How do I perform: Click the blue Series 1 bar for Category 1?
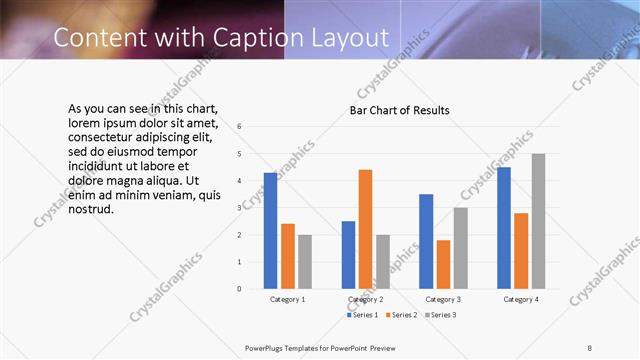[270, 231]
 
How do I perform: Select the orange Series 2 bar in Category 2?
[365, 229]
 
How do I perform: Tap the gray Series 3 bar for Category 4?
[538, 221]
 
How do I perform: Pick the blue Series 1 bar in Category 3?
[426, 241]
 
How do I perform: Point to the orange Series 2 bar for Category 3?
[443, 264]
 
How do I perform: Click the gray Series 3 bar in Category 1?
[304, 261]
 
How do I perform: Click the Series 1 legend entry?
[360, 315]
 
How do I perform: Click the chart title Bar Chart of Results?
[399, 110]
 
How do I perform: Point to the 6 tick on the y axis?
[239, 127]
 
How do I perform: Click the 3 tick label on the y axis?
[239, 208]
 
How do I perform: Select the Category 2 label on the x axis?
[366, 299]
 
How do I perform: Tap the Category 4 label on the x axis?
[521, 299]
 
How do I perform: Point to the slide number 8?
[590, 347]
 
